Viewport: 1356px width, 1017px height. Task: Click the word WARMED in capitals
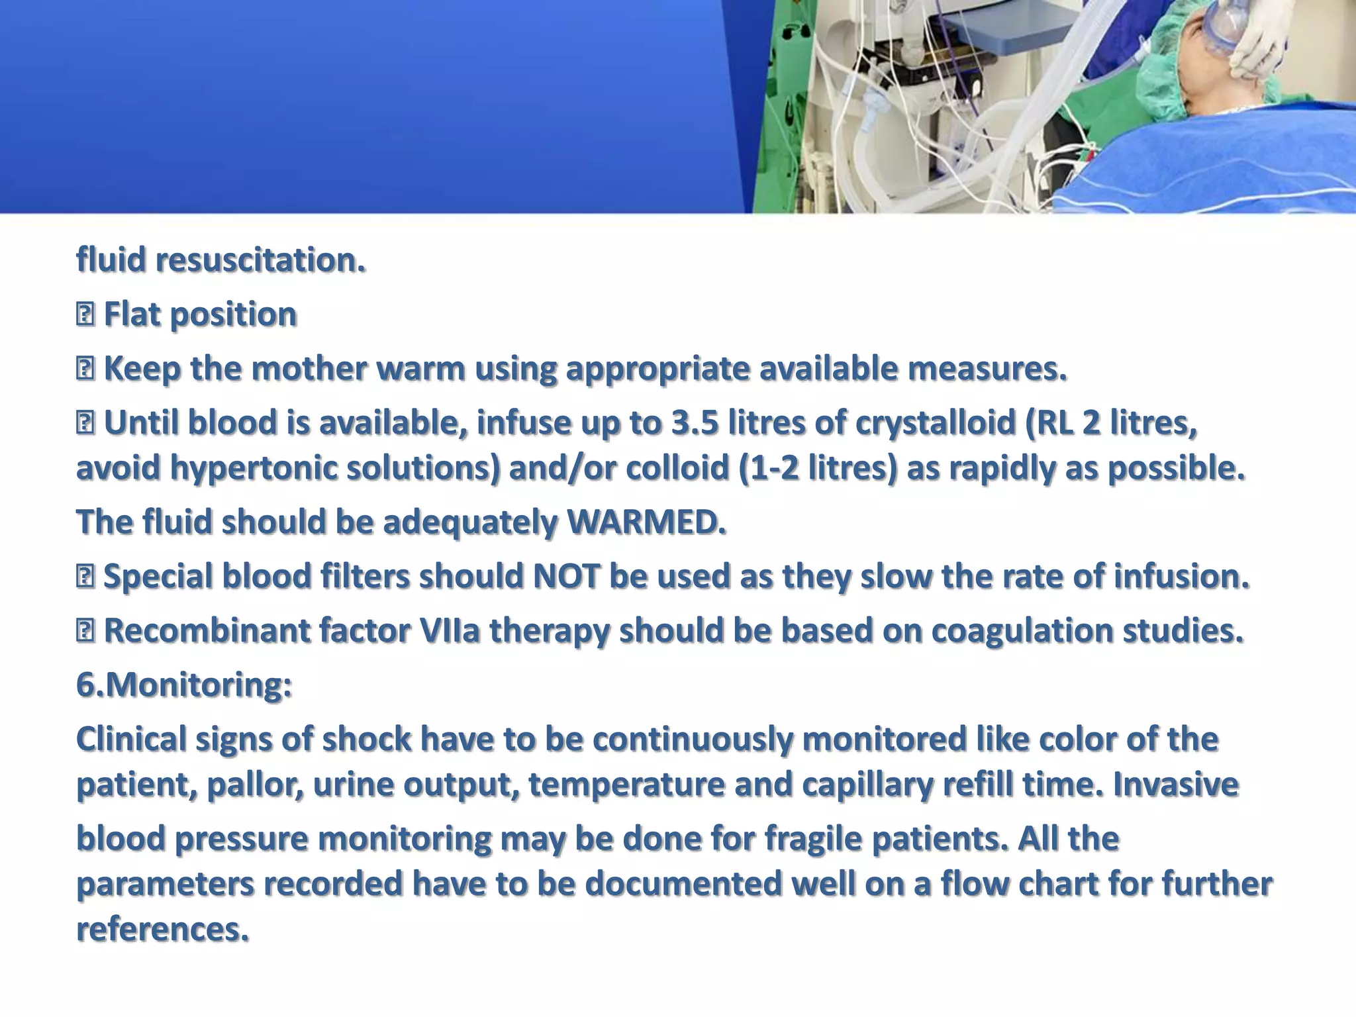[646, 522]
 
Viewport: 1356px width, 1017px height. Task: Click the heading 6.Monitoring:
[184, 685]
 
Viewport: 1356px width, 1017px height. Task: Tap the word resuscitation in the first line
[260, 260]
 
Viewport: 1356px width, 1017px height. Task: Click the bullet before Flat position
[85, 315]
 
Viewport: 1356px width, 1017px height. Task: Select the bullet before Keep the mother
[85, 369]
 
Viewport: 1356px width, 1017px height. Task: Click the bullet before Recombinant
[85, 630]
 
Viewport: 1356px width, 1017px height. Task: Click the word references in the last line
[162, 929]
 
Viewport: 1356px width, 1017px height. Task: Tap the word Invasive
[1175, 785]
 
